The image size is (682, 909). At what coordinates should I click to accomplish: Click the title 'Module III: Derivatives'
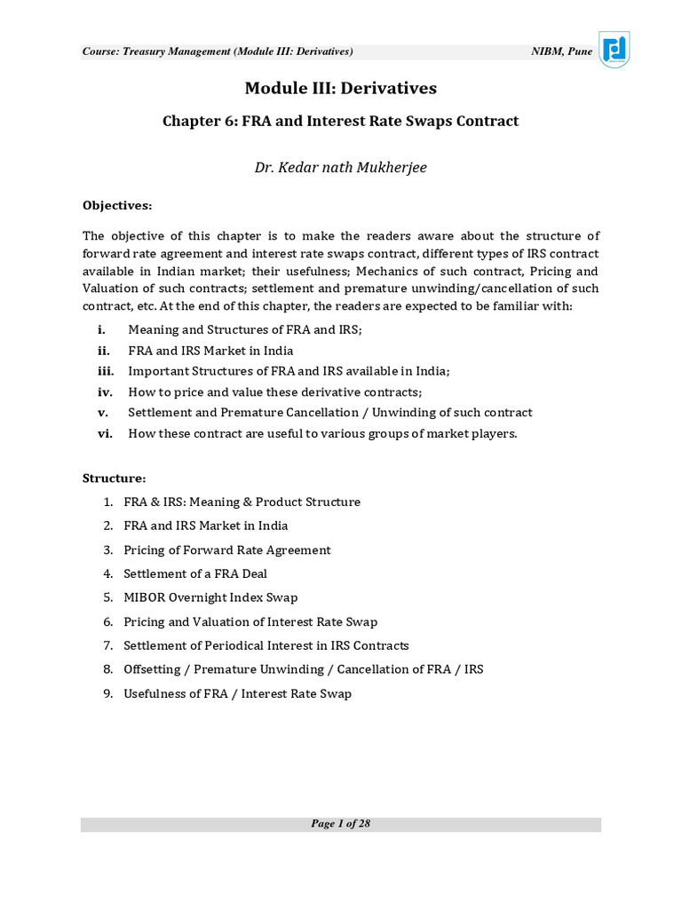pos(341,88)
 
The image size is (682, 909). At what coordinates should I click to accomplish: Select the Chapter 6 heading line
pos(341,121)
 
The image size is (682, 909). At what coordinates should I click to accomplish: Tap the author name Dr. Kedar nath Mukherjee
pos(341,167)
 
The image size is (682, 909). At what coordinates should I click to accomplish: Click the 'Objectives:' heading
pos(117,205)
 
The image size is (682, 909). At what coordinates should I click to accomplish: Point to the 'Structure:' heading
pos(115,478)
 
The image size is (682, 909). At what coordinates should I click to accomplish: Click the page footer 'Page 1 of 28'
pos(341,824)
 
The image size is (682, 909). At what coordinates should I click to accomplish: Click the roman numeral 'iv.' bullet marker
pos(105,391)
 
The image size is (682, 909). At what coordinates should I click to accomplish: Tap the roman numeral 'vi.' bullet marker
pos(105,433)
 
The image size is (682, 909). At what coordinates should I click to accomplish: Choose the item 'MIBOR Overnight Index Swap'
pos(210,597)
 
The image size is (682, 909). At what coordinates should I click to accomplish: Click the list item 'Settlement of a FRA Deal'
pos(195,573)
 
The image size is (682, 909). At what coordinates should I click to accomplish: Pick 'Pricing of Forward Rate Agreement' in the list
pos(227,549)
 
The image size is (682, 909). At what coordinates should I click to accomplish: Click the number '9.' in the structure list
pos(107,693)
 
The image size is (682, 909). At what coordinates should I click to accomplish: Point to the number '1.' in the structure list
pos(107,502)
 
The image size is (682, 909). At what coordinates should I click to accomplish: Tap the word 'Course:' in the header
pos(99,51)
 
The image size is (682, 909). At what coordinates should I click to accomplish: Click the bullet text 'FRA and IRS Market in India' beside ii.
pos(210,351)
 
